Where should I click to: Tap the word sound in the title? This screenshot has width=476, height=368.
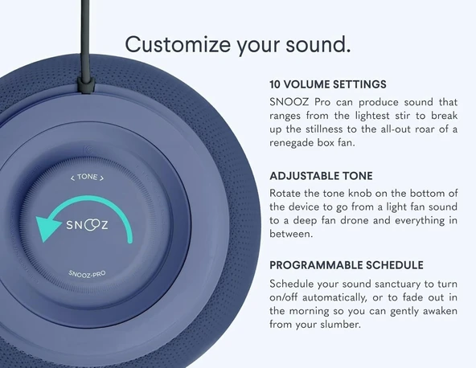coord(317,44)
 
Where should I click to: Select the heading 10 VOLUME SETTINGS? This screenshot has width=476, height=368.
coord(328,84)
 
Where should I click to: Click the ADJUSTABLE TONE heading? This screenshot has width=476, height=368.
coord(321,175)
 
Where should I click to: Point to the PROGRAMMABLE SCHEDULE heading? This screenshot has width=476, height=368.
coord(347,265)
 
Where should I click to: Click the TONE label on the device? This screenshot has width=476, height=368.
coord(87,178)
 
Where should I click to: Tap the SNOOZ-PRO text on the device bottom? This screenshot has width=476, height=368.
coord(87,274)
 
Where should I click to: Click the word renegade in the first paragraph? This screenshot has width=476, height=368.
coord(297,143)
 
